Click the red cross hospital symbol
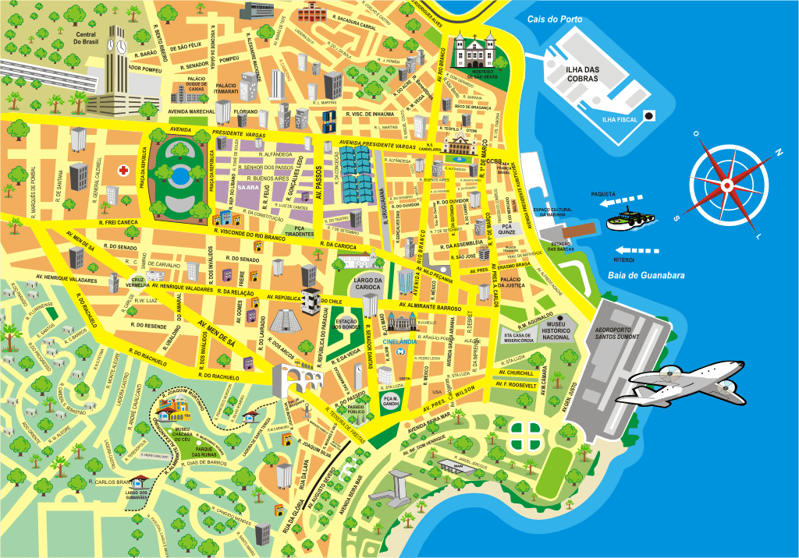click(123, 169)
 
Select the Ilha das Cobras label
click(582, 74)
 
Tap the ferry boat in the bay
click(627, 221)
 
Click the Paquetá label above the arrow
click(603, 192)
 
